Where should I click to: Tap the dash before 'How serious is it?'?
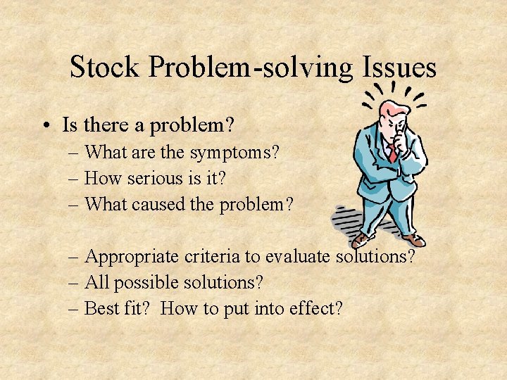(x=74, y=179)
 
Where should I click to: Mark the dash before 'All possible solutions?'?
(x=74, y=284)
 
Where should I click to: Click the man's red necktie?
(x=392, y=155)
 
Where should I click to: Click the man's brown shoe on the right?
(x=415, y=241)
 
